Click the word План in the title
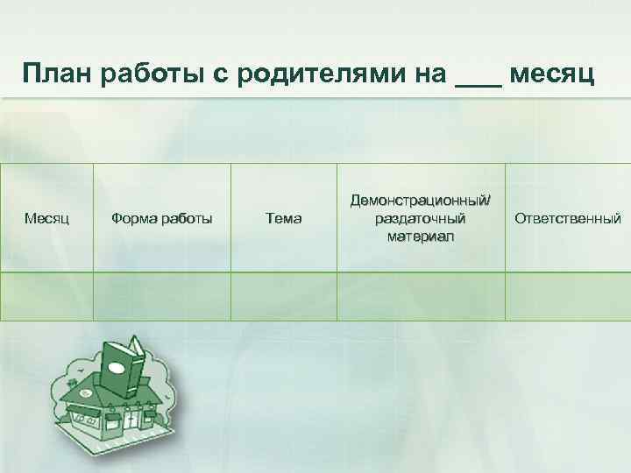(58, 75)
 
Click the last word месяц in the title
(552, 75)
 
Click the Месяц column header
(47, 218)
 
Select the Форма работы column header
(162, 218)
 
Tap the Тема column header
(283, 218)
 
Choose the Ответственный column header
(568, 218)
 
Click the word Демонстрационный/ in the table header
(422, 201)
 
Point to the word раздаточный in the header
(422, 218)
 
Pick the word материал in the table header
(422, 236)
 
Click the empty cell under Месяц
(47, 296)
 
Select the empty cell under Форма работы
(162, 296)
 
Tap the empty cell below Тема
(283, 296)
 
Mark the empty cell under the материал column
(422, 296)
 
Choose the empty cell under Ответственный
(568, 296)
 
